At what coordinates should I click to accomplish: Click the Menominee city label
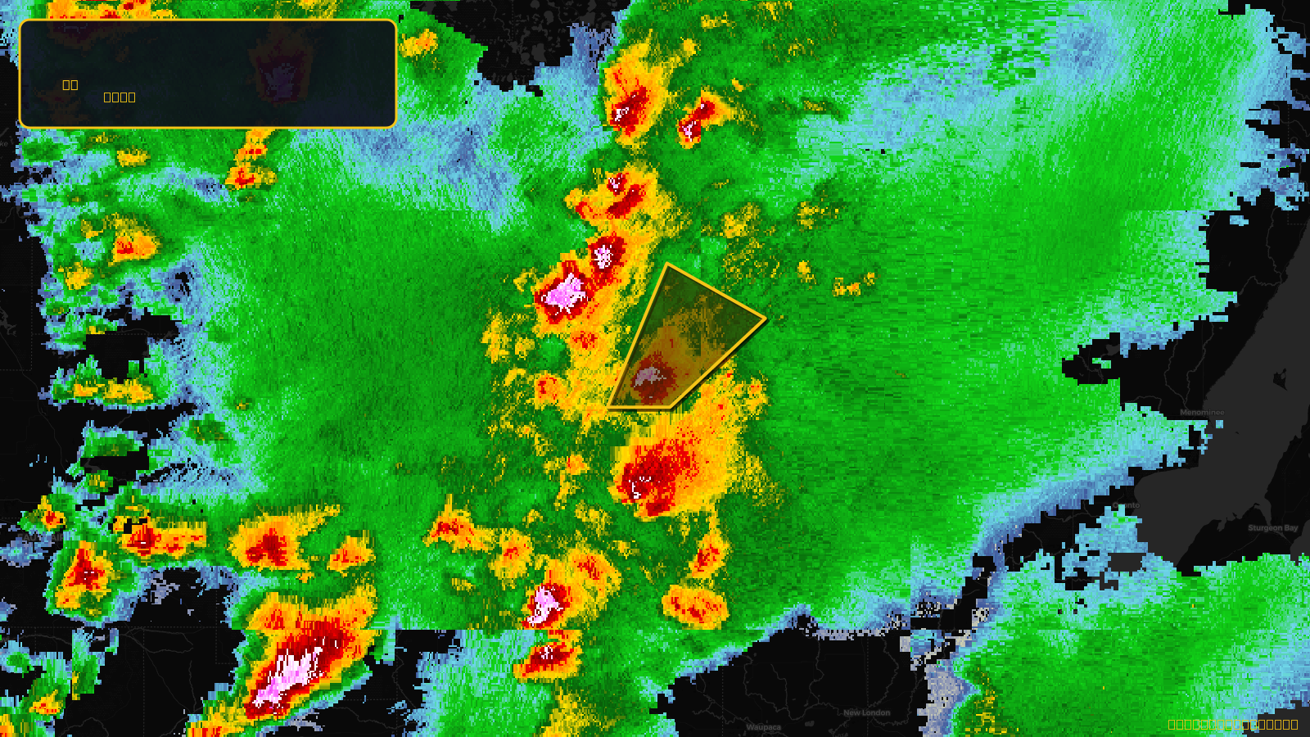[x=1202, y=413]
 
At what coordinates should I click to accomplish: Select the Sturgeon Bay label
[x=1272, y=528]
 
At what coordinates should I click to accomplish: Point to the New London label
[x=866, y=712]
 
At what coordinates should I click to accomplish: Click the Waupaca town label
[x=763, y=727]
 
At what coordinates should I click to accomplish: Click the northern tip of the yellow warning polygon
[x=668, y=265]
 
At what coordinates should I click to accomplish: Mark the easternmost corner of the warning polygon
[x=766, y=319]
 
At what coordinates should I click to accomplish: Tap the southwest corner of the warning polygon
[x=610, y=406]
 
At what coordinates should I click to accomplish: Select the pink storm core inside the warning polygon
[x=648, y=378]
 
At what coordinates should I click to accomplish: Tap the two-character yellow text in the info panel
[x=70, y=84]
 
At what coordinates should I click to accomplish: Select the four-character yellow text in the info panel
[x=120, y=97]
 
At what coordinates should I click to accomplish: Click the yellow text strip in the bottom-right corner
[x=1232, y=724]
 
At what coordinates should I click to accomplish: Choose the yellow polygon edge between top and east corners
[x=717, y=292]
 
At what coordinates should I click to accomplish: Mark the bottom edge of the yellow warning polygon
[x=640, y=407]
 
